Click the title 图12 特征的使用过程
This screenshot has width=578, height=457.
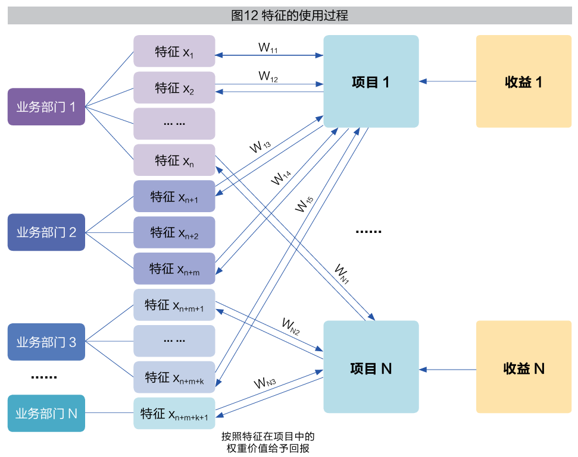pos(289,15)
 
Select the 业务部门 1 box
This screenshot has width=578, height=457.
pos(46,107)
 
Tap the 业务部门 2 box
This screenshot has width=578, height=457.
pos(46,232)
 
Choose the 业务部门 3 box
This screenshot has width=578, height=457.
pos(46,342)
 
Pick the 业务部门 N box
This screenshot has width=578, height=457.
pos(46,413)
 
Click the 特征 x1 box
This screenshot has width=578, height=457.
pos(174,52)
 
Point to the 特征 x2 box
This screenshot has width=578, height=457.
pos(174,88)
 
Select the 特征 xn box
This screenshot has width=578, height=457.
pos(174,160)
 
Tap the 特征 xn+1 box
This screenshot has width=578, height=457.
pos(174,197)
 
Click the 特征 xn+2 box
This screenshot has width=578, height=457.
pos(174,232)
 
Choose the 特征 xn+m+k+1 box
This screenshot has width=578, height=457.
pos(174,414)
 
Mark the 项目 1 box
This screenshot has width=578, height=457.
pos(371,81)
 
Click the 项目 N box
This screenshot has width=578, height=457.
pos(371,368)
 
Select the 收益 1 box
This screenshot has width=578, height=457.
pos(523,81)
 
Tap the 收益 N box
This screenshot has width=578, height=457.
pos(523,368)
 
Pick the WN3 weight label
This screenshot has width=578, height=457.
pos(265,383)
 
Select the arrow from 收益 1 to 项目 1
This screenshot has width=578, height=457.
pos(447,81)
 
